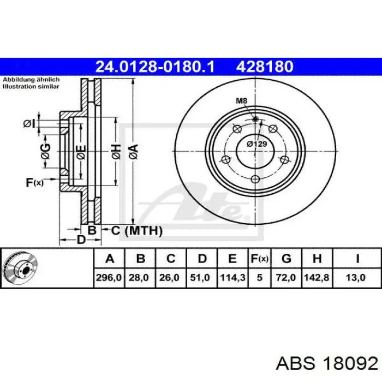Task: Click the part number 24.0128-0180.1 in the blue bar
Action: pyautogui.click(x=154, y=67)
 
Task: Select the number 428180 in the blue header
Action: pyautogui.click(x=265, y=67)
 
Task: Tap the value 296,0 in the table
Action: pyautogui.click(x=109, y=277)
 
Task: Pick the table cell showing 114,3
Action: pyautogui.click(x=232, y=277)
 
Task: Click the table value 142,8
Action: pyautogui.click(x=317, y=277)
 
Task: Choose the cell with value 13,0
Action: pyautogui.click(x=356, y=277)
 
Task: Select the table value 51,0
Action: pyautogui.click(x=200, y=277)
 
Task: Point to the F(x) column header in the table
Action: pyautogui.click(x=259, y=259)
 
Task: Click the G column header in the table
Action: pyautogui.click(x=286, y=259)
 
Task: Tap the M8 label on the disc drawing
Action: pyautogui.click(x=241, y=100)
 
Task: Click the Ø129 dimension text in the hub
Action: pyautogui.click(x=257, y=144)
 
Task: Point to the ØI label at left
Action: pyautogui.click(x=29, y=124)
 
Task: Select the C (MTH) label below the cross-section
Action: pyautogui.click(x=137, y=230)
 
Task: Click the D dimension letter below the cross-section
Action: pyautogui.click(x=81, y=240)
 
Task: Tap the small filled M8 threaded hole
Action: pyautogui.click(x=255, y=119)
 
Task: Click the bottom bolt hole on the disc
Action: pyautogui.click(x=255, y=180)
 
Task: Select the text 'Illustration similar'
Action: pyautogui.click(x=31, y=86)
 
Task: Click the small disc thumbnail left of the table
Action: pyautogui.click(x=20, y=268)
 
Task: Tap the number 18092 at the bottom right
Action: pyautogui.click(x=350, y=365)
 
